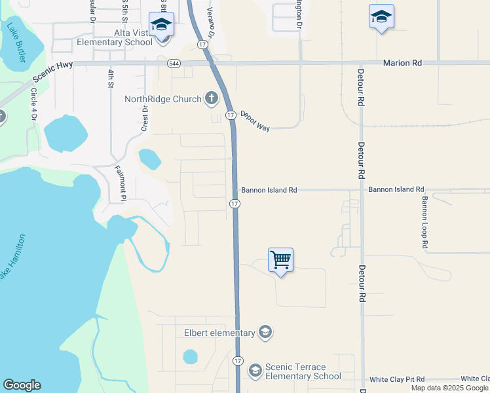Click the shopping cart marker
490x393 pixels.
(x=280, y=261)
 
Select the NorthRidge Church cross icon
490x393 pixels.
(x=211, y=99)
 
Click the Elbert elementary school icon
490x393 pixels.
(x=265, y=333)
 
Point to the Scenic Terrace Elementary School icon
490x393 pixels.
(x=255, y=371)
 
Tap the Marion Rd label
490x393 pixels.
(x=402, y=64)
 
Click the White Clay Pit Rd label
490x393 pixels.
(x=397, y=379)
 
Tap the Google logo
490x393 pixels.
(x=22, y=385)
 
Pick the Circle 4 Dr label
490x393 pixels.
(x=33, y=104)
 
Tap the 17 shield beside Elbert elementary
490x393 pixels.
(x=237, y=361)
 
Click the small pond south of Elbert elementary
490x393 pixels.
(x=190, y=357)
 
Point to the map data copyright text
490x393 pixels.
(x=450, y=388)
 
